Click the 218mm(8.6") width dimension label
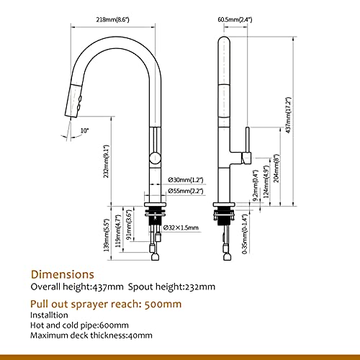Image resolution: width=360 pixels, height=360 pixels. (x=112, y=19)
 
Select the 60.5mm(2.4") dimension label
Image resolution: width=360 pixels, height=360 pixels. (x=235, y=19)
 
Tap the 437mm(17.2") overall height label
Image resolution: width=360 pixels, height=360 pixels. (x=288, y=114)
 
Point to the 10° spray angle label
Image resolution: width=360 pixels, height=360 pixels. (x=84, y=130)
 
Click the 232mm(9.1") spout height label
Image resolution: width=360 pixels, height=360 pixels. (x=106, y=161)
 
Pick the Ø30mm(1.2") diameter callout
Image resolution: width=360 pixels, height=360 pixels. (x=186, y=180)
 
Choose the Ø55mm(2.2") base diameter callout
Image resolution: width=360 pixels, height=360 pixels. (x=186, y=191)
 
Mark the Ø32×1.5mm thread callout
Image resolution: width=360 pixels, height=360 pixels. (x=181, y=228)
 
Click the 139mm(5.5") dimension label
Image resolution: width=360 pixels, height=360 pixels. (x=107, y=235)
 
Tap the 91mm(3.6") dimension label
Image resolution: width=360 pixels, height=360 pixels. (x=129, y=225)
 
